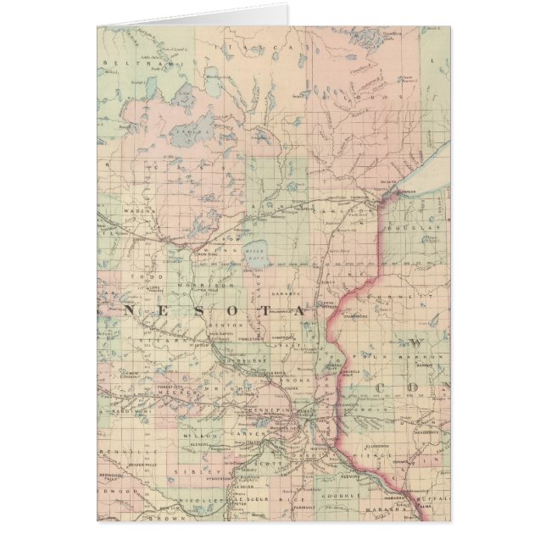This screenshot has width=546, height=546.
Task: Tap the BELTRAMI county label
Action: (x=127, y=63)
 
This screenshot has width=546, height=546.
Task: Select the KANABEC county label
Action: (x=287, y=295)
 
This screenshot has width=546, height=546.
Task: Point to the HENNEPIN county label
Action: (x=270, y=409)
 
